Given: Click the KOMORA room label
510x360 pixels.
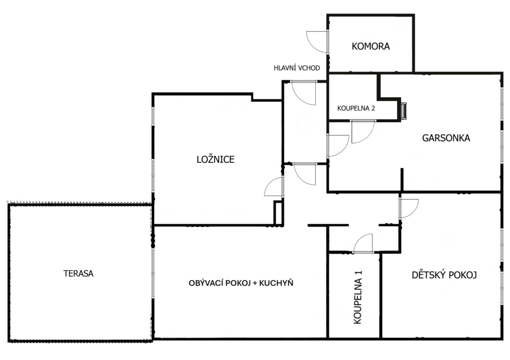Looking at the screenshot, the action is click(371, 46).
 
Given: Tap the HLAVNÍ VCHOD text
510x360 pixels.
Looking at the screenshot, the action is click(297, 68).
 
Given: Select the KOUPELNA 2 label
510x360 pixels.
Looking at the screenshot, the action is click(356, 108).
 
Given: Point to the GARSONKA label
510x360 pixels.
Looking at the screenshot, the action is click(446, 138).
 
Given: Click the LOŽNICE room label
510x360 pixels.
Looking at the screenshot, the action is click(216, 159).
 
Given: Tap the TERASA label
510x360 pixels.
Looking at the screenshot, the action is click(78, 274).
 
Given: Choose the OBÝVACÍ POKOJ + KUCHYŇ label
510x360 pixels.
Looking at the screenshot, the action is click(241, 283).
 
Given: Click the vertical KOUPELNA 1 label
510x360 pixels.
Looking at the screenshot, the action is click(358, 297).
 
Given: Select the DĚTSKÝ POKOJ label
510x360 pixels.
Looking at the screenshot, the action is click(444, 275).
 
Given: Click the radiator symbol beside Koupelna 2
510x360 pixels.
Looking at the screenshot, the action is click(403, 111).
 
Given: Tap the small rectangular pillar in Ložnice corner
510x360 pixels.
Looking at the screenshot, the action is click(278, 213).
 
